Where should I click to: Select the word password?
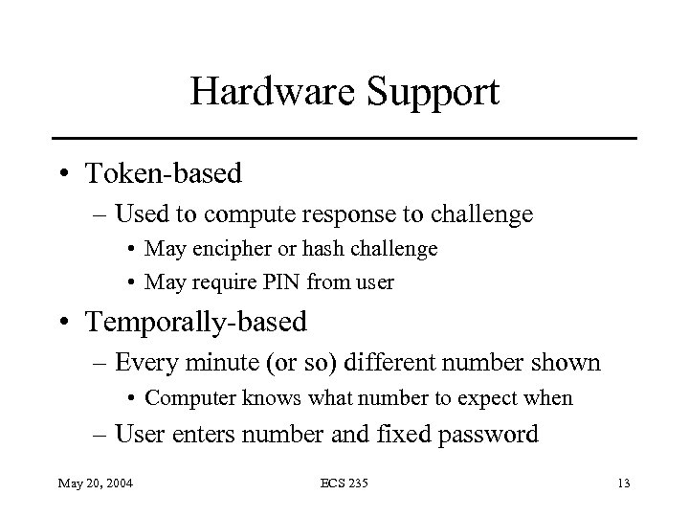489,435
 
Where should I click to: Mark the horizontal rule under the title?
344,139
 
